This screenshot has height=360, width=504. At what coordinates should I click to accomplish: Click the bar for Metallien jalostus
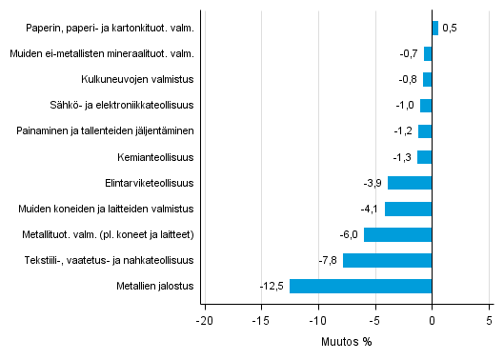point(361,286)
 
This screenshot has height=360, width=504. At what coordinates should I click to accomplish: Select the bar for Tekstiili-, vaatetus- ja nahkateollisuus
point(388,260)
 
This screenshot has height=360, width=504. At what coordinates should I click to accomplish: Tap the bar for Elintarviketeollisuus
point(410,183)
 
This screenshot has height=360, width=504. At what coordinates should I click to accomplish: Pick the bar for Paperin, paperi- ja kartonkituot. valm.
point(435,29)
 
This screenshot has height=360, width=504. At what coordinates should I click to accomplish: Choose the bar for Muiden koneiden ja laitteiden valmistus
point(409,209)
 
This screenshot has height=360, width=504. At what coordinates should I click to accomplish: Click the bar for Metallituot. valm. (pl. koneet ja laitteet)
point(398,234)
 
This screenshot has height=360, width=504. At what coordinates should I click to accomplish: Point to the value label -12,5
point(272,286)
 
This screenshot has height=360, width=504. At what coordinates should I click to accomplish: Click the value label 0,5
point(450,29)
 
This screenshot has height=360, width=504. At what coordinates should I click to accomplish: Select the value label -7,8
point(329,260)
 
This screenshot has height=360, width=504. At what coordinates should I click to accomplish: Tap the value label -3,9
point(373,183)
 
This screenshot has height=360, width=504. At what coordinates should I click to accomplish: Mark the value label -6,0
point(350,234)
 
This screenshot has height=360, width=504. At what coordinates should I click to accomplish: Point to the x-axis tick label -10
point(317,320)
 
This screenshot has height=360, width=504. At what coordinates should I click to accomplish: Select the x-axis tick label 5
point(490,320)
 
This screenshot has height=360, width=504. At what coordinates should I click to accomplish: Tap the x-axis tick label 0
point(433,320)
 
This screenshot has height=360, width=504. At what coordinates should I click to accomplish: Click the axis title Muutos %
point(346,342)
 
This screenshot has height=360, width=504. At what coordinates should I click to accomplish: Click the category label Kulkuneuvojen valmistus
point(137,80)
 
